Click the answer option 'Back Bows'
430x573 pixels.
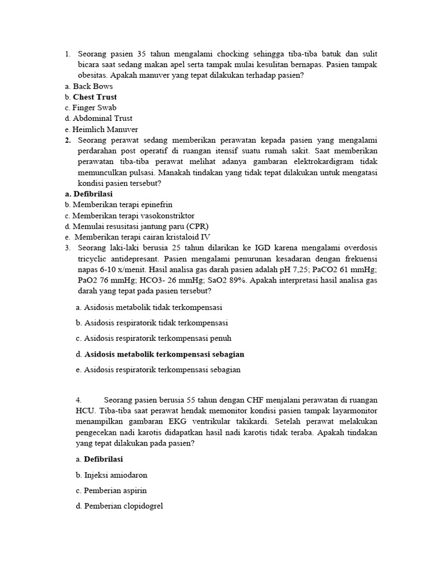coord(92,86)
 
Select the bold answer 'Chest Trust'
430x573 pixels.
coord(95,97)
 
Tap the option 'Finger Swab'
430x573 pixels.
coord(94,107)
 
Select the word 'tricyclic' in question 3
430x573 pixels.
coord(96,259)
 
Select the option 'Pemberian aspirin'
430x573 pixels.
coord(115,491)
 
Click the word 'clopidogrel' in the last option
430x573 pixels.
coord(140,506)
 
